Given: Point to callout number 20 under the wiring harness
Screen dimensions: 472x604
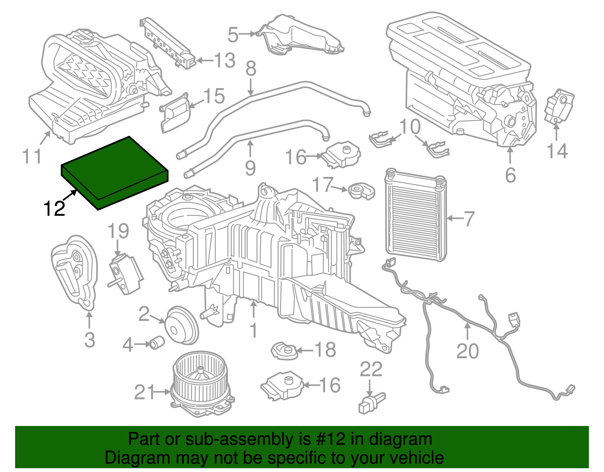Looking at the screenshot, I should click(467, 351).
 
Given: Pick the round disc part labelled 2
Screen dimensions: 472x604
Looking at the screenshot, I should click(182, 325).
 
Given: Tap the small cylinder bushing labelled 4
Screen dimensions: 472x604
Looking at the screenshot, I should click(156, 343).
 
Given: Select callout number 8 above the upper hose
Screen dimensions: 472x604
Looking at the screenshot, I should click(251, 69).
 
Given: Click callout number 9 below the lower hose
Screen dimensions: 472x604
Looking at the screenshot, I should click(250, 167).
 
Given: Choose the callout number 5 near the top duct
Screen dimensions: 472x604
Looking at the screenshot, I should click(233, 35).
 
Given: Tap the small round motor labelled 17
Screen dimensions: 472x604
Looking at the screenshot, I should click(361, 190).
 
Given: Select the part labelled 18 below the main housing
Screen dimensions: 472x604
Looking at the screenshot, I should click(284, 351).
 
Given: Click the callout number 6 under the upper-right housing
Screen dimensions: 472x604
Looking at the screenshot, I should click(510, 175).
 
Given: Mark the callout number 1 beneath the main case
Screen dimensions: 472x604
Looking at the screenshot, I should click(254, 330).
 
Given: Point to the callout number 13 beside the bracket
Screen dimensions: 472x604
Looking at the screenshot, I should click(225, 60).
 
